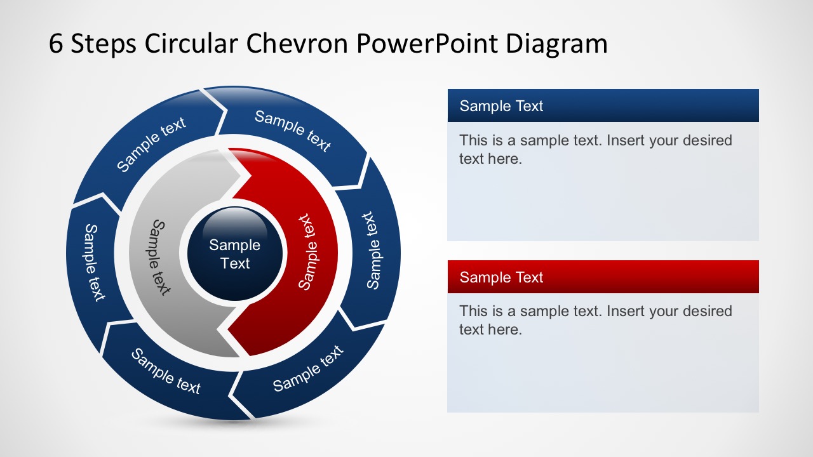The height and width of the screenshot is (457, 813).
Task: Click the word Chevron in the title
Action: tap(297, 44)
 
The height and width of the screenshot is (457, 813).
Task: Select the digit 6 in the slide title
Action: tap(56, 44)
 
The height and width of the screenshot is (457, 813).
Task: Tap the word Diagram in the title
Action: tap(557, 44)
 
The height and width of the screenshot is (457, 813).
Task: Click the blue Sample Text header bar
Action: tap(603, 105)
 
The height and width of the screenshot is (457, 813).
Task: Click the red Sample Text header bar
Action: tap(603, 277)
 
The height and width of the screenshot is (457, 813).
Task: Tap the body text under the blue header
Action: tap(595, 149)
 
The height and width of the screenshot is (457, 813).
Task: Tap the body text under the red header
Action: tap(595, 320)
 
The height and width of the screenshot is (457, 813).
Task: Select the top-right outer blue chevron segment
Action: tap(293, 131)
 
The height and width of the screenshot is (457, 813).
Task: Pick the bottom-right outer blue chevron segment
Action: tap(308, 369)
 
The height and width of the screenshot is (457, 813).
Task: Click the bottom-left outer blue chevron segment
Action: tap(166, 371)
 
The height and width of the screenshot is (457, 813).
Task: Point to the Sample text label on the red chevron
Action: tap(307, 252)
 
